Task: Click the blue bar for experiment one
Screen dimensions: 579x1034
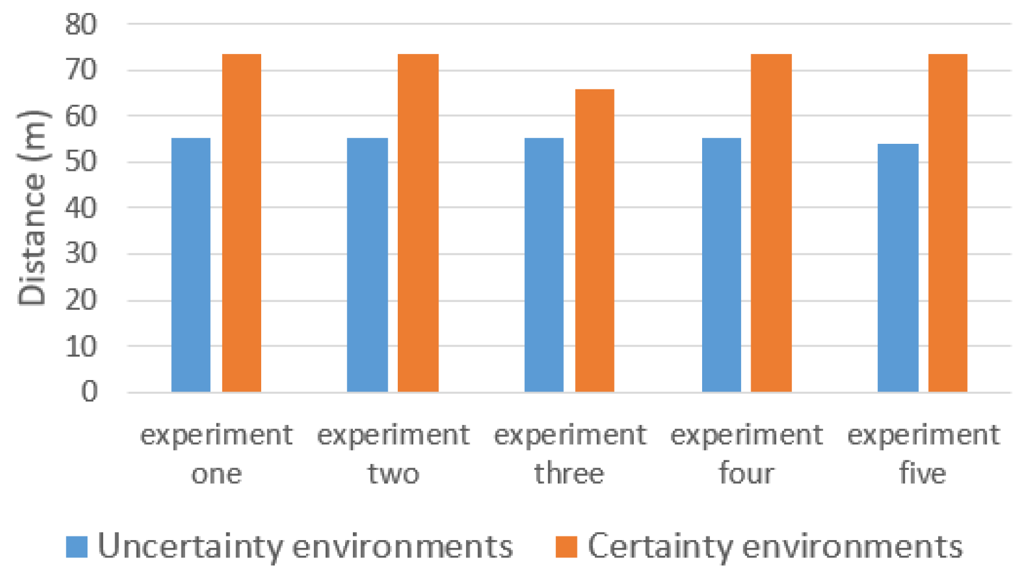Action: (191, 265)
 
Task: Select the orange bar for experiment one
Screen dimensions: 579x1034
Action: (241, 223)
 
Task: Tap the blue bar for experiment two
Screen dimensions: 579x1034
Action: (367, 265)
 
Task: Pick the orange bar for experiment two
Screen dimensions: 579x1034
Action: (418, 223)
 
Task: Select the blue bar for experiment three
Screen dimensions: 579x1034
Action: (544, 265)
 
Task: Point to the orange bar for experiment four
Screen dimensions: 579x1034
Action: (771, 223)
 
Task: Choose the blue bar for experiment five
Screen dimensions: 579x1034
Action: (897, 268)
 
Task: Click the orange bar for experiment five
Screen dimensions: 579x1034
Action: (948, 223)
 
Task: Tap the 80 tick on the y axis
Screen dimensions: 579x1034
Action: (80, 25)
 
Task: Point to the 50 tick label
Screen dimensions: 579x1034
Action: (80, 162)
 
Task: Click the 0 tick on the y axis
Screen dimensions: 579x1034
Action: (89, 392)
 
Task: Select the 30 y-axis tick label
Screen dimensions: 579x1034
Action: (80, 254)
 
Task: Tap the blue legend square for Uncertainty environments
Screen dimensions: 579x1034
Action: (77, 547)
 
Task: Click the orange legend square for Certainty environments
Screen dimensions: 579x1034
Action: (566, 547)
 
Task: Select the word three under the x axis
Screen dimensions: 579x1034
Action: (569, 474)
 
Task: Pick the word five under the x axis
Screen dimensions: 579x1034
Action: (923, 474)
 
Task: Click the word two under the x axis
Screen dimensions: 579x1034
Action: (393, 474)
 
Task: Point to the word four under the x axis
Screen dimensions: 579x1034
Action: (746, 474)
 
